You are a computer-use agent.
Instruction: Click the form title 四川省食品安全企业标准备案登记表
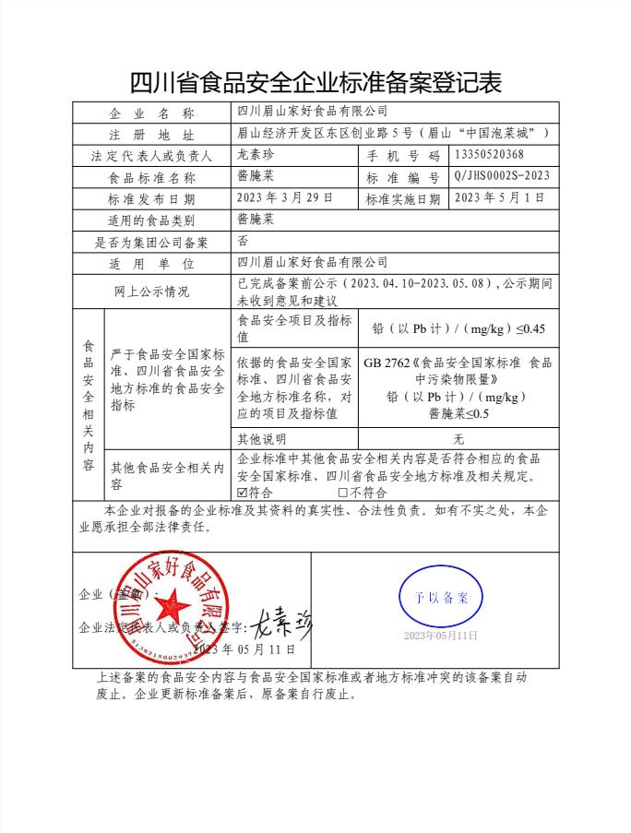pos(315,82)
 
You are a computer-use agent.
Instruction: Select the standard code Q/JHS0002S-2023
pos(502,176)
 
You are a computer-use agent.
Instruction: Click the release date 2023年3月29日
pos(284,198)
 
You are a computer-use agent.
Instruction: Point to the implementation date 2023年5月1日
pos(500,198)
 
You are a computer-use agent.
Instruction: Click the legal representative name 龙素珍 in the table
pos(256,155)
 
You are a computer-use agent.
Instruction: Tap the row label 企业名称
pos(151,113)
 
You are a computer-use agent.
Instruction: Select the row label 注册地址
pos(151,135)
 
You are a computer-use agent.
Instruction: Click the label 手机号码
pos(404,155)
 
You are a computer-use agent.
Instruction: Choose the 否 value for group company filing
pos(244,242)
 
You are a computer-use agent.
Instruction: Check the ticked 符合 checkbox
pos(243,493)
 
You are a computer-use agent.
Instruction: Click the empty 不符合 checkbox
pos(343,493)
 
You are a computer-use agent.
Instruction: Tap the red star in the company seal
pos(171,607)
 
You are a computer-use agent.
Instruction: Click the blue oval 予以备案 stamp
pos(441,597)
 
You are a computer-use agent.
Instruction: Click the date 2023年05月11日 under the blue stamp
pos(441,637)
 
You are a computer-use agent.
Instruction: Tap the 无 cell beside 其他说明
pos(458,439)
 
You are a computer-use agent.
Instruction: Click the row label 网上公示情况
pos(151,292)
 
